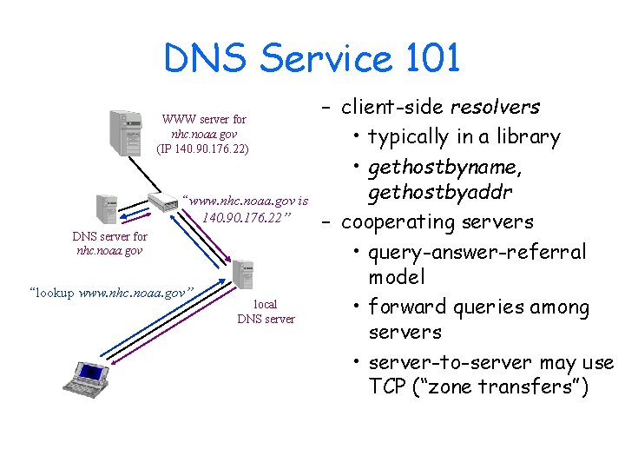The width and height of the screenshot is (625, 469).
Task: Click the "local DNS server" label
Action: click(266, 312)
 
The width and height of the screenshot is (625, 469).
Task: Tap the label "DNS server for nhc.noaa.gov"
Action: click(109, 243)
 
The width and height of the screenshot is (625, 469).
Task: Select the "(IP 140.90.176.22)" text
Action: click(202, 149)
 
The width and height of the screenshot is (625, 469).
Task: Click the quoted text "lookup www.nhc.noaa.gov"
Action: click(111, 293)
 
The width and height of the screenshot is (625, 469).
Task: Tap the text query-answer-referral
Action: click(477, 252)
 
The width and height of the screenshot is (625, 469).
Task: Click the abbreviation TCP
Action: click(388, 386)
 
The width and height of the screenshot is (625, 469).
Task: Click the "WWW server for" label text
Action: click(204, 120)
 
